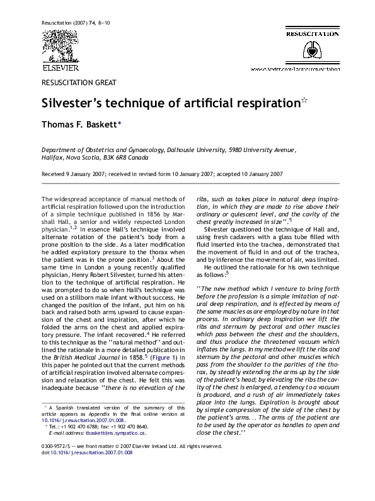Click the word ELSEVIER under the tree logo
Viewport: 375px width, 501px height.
[x=61, y=68]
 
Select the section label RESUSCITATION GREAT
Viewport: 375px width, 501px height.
[x=79, y=82]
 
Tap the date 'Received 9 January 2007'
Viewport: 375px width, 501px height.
[x=76, y=174]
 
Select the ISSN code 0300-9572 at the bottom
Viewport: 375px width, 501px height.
[x=57, y=464]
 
